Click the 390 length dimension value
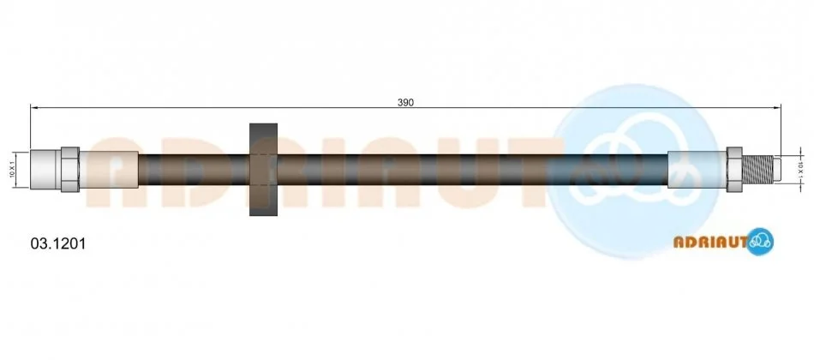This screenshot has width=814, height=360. click(x=405, y=102)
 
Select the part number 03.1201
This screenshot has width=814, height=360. click(x=57, y=243)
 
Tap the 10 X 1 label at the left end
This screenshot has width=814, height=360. click(x=12, y=170)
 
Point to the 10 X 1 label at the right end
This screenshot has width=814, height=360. click(x=800, y=170)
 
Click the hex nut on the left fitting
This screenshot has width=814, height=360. click(x=70, y=170)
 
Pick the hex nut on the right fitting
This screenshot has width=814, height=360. click(x=734, y=170)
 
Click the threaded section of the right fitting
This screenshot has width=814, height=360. click(x=757, y=170)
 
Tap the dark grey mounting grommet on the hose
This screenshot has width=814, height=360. click(x=264, y=170)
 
